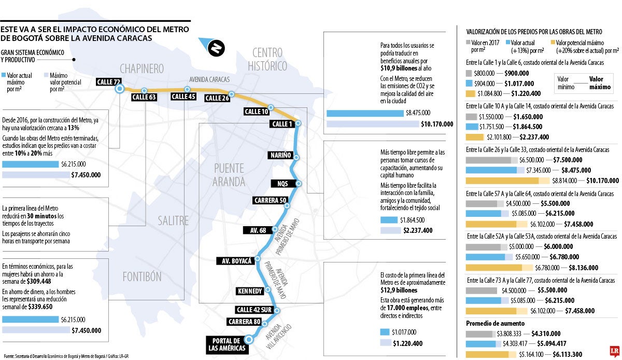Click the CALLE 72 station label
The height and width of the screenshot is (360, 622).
click(x=109, y=81)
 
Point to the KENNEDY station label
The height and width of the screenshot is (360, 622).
click(x=249, y=291)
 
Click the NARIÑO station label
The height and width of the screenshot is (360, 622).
click(x=280, y=155)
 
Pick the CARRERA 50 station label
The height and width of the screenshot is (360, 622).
click(x=270, y=200)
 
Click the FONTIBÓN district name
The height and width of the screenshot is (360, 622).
click(x=142, y=276)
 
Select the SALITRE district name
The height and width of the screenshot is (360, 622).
click(x=174, y=221)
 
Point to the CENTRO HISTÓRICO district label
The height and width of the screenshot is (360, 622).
click(x=267, y=59)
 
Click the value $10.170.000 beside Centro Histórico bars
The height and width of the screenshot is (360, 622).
click(x=437, y=124)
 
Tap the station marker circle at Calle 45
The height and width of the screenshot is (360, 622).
click(x=187, y=89)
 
